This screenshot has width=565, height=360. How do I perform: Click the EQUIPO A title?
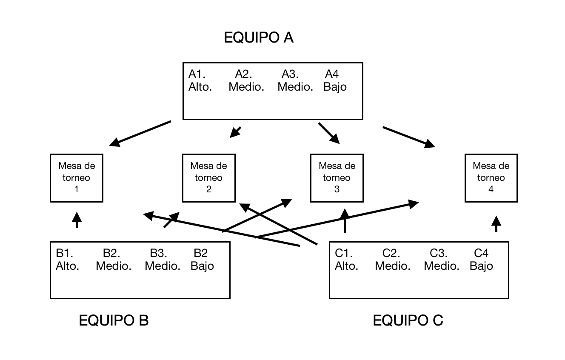(x=259, y=38)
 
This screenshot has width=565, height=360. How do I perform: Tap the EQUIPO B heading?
(x=114, y=320)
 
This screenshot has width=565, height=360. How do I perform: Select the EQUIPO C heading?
(x=408, y=320)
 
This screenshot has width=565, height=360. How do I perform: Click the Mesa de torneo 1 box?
(x=77, y=177)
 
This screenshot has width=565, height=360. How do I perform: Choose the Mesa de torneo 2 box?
(x=208, y=177)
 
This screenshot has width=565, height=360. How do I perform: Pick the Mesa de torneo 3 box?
(x=337, y=177)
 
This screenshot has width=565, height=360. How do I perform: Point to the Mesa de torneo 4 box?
(x=491, y=177)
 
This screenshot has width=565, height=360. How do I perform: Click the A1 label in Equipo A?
(x=197, y=74)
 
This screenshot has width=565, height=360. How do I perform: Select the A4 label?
(x=332, y=74)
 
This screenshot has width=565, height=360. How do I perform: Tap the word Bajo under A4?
(x=335, y=87)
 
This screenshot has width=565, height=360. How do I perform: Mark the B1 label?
(x=64, y=253)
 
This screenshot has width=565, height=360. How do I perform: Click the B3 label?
(x=158, y=253)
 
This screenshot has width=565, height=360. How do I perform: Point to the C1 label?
(x=344, y=253)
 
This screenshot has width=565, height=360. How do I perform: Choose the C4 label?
(x=481, y=253)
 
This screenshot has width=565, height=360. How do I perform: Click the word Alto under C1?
(x=346, y=266)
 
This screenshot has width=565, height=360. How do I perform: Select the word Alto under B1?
(x=67, y=266)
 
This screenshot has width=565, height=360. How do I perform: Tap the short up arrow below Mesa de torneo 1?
(x=77, y=220)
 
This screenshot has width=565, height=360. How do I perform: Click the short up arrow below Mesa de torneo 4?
(x=496, y=224)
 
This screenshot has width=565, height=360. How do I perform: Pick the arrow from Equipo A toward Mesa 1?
(x=140, y=134)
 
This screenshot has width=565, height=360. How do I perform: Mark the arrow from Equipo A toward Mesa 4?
(x=408, y=137)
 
